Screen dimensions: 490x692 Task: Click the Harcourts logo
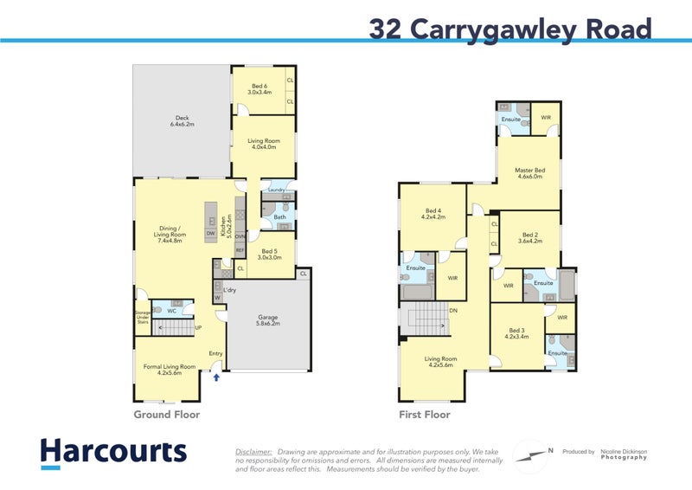click(112, 453)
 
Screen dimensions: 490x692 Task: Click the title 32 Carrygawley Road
click(509, 29)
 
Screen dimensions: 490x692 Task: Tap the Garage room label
click(267, 320)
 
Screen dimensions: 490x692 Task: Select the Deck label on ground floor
click(182, 121)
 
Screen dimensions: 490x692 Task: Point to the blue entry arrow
click(216, 377)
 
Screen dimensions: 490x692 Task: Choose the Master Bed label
click(529, 173)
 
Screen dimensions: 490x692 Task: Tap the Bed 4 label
click(433, 214)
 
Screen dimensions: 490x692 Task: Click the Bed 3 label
click(517, 333)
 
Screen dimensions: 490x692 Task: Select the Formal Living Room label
click(163, 369)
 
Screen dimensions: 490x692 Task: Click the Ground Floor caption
click(166, 415)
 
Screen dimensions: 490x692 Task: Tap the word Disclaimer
click(253, 451)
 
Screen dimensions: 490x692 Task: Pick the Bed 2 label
click(529, 238)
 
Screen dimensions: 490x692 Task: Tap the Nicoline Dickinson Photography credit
click(624, 454)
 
